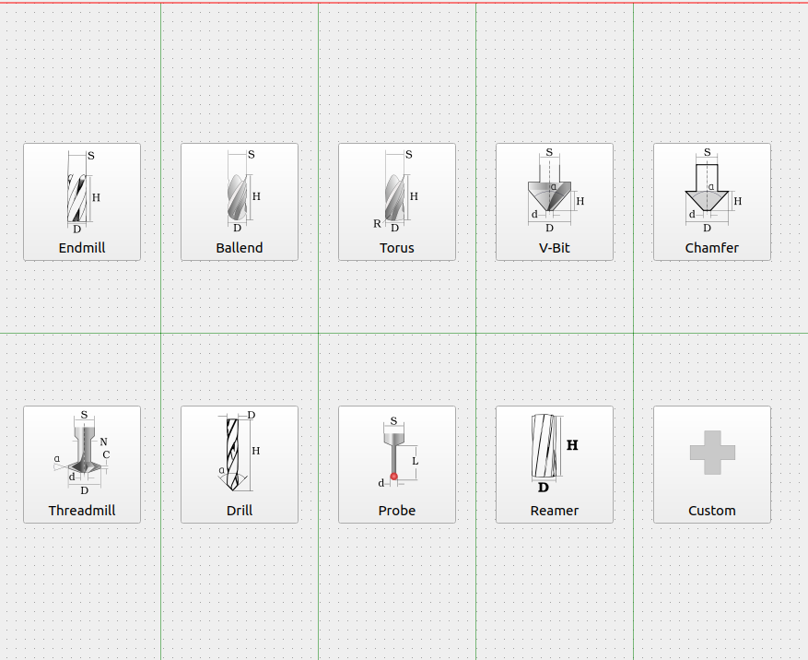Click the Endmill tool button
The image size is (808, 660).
(82, 202)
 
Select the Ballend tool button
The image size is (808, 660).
(240, 202)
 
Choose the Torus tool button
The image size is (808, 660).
(397, 202)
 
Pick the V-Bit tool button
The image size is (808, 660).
(555, 202)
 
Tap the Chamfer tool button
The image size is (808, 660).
(712, 202)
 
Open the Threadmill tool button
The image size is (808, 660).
(82, 465)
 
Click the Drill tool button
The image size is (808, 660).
(240, 465)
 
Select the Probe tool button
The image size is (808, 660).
(397, 465)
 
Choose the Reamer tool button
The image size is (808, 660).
(555, 465)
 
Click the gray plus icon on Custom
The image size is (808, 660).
(712, 453)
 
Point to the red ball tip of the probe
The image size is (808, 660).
(394, 477)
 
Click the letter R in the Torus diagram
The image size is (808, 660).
(377, 224)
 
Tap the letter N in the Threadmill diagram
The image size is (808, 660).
(103, 442)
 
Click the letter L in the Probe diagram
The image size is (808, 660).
(416, 460)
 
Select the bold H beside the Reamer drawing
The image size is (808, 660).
(572, 445)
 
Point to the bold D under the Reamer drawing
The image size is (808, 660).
(544, 488)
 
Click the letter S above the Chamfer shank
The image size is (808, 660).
(707, 152)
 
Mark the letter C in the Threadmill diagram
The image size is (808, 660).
(106, 454)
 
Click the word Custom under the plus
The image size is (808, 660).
(712, 511)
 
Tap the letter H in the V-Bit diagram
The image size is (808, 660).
(580, 201)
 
